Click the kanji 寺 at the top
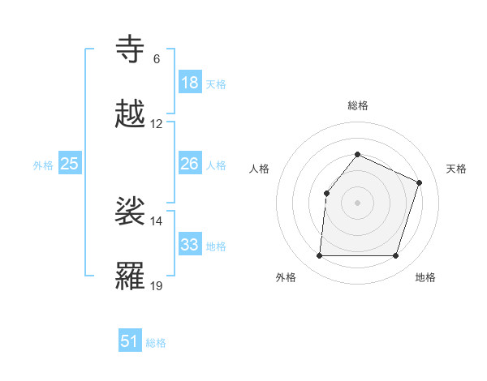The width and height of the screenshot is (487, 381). [131, 50]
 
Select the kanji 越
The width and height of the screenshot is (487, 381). [131, 114]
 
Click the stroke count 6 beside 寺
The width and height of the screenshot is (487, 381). [157, 59]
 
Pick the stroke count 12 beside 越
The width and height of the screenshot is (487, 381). [157, 124]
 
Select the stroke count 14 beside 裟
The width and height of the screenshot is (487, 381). [157, 220]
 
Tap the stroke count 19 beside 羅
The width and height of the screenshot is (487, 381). [157, 285]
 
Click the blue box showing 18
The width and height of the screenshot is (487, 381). [189, 83]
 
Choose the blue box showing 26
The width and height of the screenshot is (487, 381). [189, 164]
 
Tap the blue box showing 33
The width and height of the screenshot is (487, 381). [189, 245]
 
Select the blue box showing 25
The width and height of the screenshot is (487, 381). [69, 164]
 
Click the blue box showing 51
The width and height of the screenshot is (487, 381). [130, 341]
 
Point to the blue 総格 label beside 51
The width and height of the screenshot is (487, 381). [156, 343]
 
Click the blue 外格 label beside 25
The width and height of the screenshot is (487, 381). [43, 165]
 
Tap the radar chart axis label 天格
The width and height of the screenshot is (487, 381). [456, 169]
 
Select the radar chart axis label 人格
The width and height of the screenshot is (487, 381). [260, 169]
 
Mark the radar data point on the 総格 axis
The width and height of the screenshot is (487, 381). [357, 154]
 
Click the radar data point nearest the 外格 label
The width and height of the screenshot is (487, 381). [319, 256]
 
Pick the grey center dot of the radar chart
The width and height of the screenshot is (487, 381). [357, 203]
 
